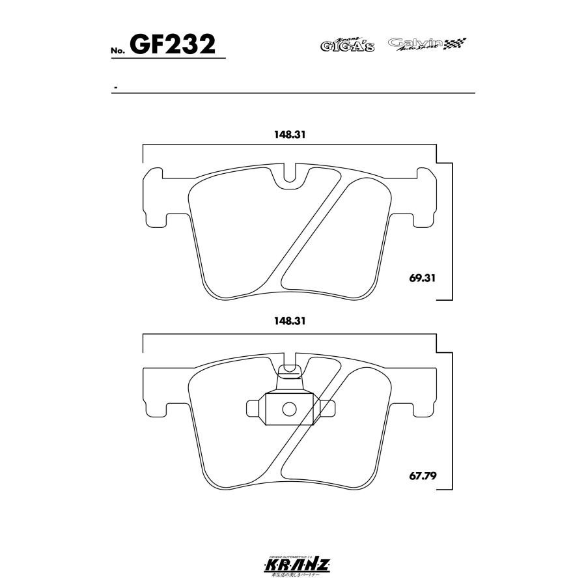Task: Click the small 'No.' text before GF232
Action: [x=118, y=51]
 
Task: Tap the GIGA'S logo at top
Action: [x=346, y=45]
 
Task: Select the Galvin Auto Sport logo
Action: [x=427, y=44]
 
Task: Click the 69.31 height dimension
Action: [x=423, y=277]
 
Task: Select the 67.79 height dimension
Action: [x=423, y=475]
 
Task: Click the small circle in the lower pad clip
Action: [x=290, y=409]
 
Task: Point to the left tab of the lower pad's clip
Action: [x=253, y=408]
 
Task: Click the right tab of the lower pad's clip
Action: [x=328, y=408]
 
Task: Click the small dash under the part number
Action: [x=115, y=87]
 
